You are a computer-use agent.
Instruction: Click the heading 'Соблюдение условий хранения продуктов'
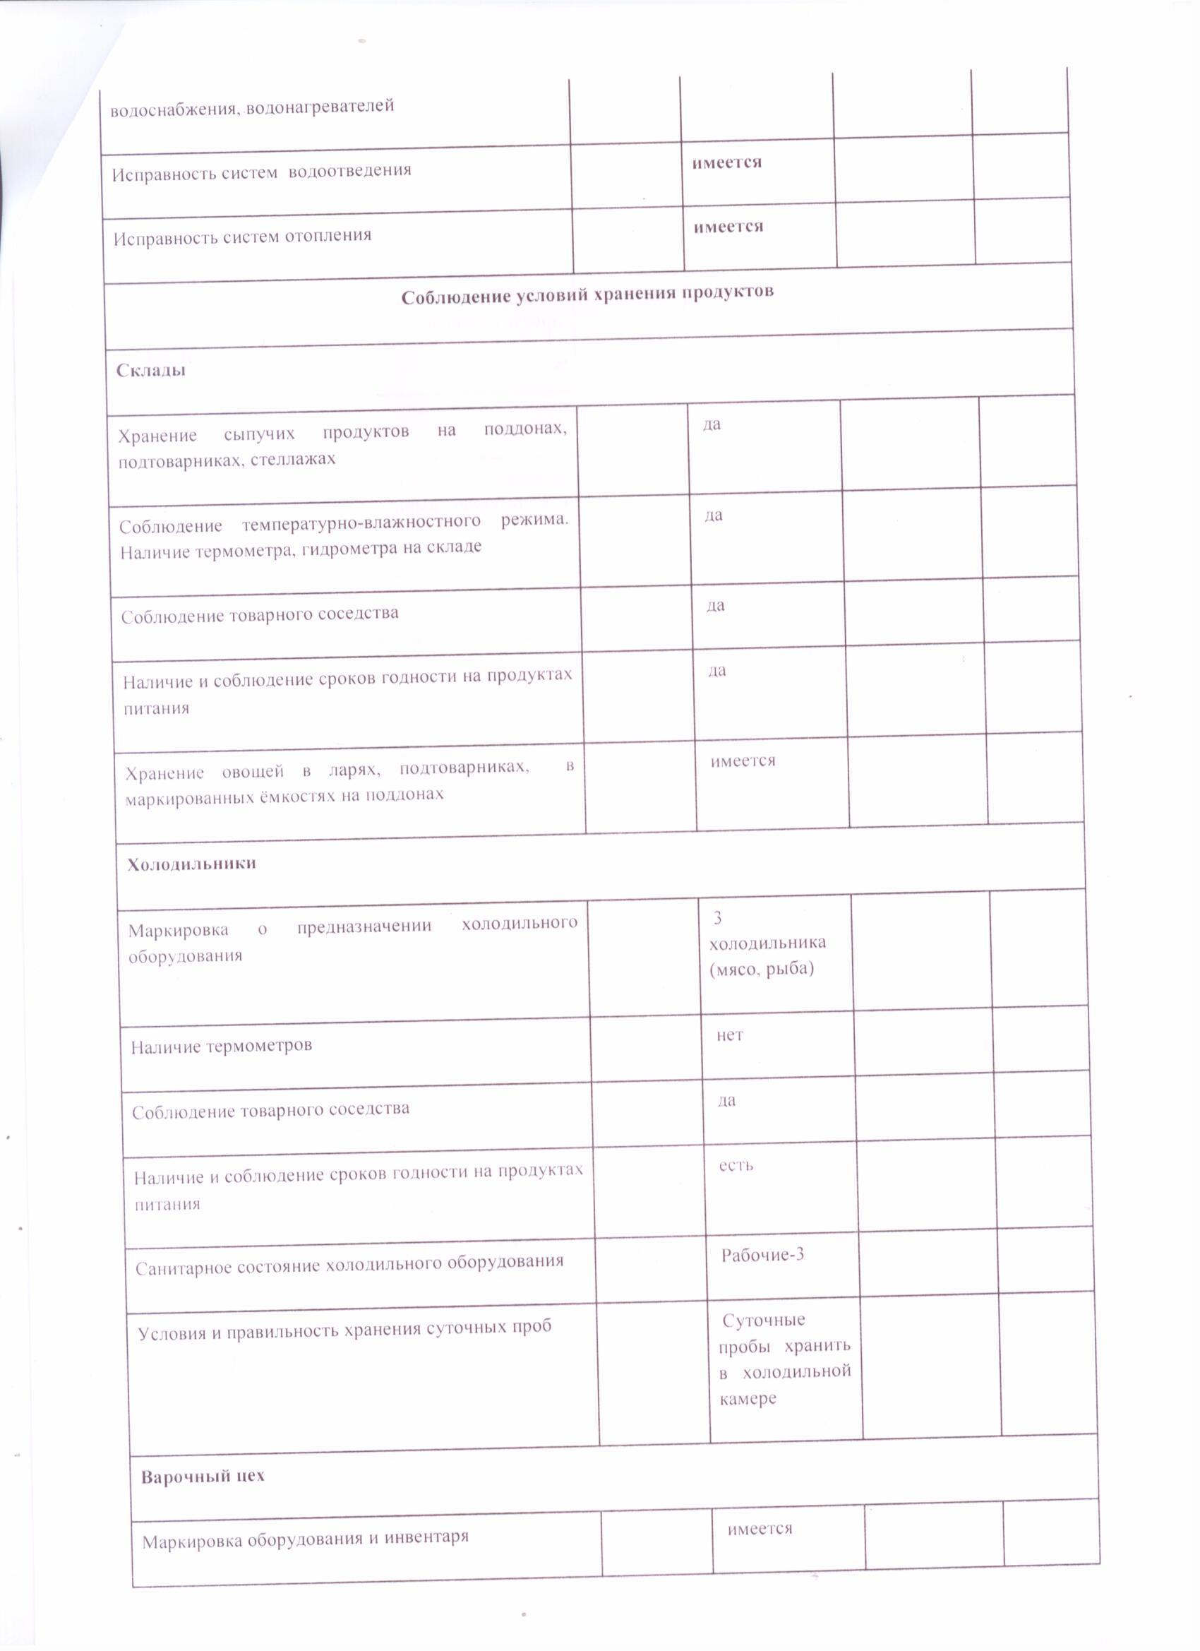point(587,294)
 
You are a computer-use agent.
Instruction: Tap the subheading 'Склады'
point(150,370)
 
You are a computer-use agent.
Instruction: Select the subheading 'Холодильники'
point(191,864)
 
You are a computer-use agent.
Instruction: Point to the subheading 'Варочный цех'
point(203,1477)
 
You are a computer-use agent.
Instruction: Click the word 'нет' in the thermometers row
point(729,1035)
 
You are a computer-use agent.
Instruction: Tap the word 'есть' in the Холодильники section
point(736,1165)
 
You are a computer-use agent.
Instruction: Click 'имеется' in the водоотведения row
point(726,162)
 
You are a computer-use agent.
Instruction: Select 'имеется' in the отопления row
point(728,227)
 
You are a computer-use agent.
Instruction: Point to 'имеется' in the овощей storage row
point(743,761)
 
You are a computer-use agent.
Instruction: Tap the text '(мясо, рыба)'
point(761,969)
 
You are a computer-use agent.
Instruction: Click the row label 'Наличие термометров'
point(221,1046)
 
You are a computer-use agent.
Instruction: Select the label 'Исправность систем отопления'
point(242,237)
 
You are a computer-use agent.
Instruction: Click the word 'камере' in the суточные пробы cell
point(748,1398)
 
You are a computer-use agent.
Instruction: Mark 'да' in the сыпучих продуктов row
point(711,424)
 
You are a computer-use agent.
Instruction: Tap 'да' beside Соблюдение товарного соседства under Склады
point(714,606)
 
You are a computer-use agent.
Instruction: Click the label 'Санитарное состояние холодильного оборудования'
point(349,1265)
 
